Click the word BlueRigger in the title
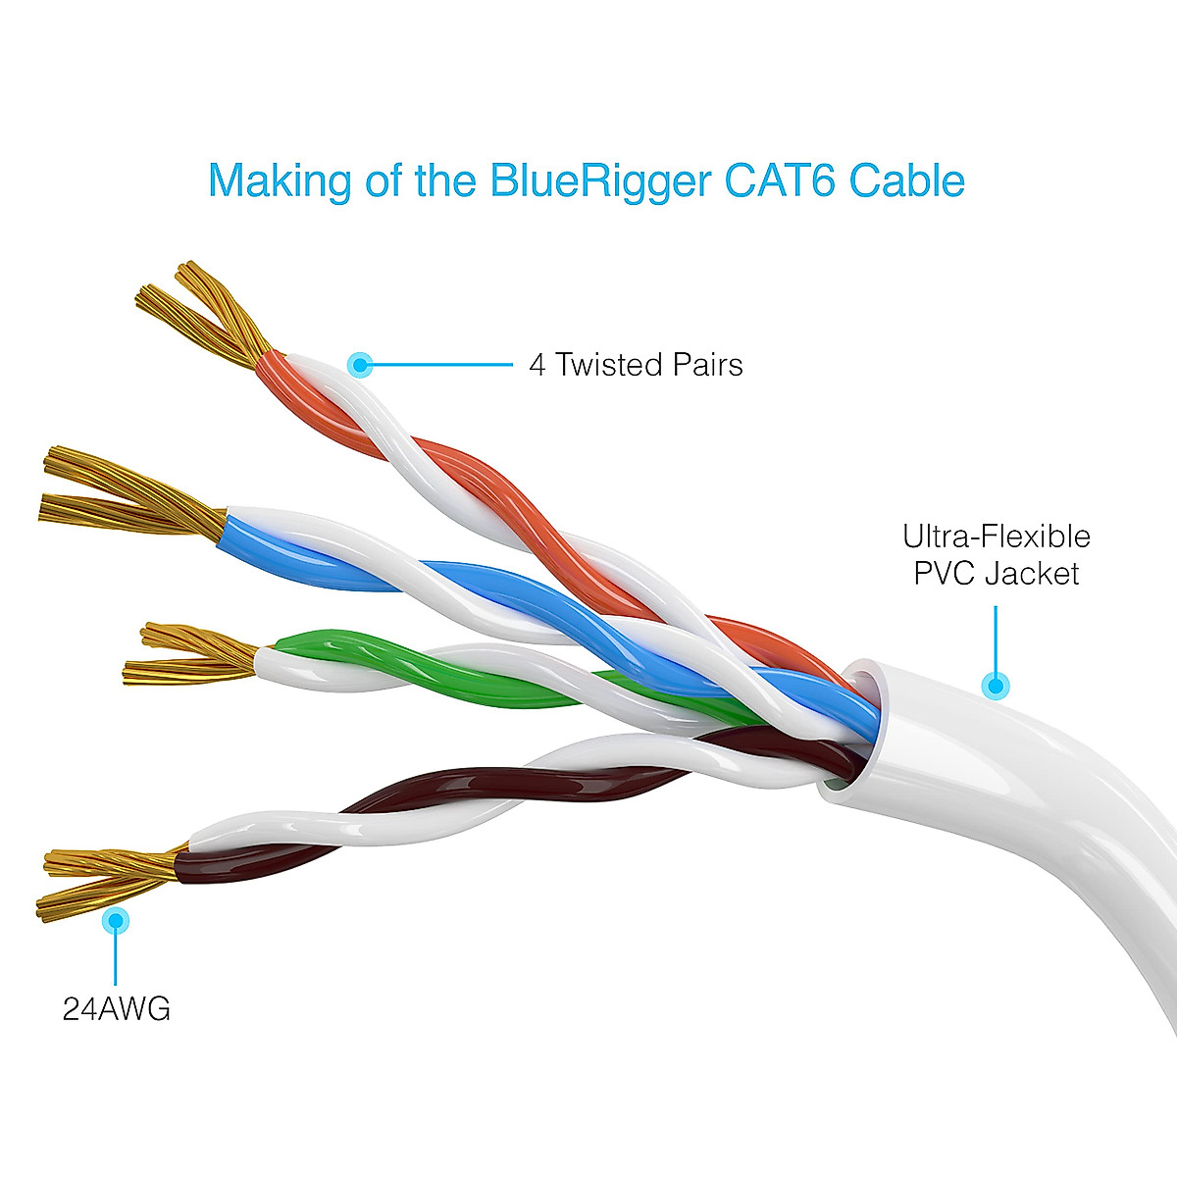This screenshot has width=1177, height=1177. tap(599, 181)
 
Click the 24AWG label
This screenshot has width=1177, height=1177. tap(117, 1009)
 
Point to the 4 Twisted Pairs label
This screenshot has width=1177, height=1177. tap(636, 365)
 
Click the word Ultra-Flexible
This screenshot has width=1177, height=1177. tap(996, 537)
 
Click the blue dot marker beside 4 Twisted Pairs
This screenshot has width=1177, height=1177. tap(361, 366)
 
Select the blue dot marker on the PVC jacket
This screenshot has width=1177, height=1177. tap(996, 685)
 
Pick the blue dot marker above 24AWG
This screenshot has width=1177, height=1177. tap(116, 920)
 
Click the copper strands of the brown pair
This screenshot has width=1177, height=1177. tap(108, 878)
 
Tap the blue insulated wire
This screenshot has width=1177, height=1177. tap(490, 588)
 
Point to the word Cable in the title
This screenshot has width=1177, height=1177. tap(907, 181)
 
